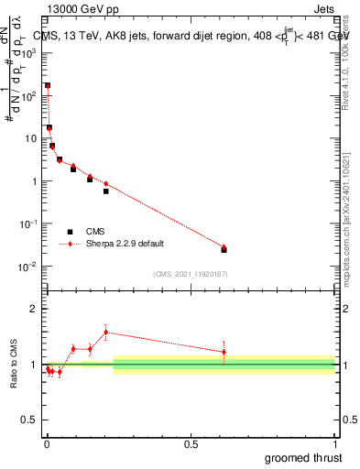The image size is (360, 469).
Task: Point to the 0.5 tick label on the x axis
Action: coord(191,443)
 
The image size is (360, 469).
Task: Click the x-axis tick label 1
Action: coord(334,443)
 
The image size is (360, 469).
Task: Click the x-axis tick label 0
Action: coord(47,443)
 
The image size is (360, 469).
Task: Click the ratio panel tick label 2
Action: coord(34,309)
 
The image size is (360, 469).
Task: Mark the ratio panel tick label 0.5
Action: coord(29,421)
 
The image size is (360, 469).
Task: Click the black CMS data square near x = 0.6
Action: coord(224,249)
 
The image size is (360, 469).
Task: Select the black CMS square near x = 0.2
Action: coord(105,191)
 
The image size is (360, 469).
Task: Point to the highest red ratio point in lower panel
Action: coord(105,332)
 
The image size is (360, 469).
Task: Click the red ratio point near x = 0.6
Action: coord(224,352)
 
